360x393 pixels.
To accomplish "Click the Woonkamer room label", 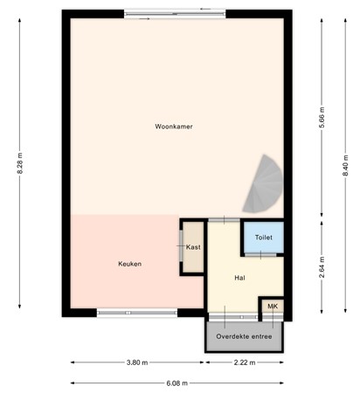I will coord(174,127).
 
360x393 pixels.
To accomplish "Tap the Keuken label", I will coord(129,264).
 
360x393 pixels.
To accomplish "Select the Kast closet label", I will coord(193,247).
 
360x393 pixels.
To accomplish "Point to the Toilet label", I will coord(263,238).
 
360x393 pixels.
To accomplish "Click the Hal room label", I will coord(239,278).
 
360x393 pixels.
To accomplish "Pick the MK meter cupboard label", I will coord(272,307).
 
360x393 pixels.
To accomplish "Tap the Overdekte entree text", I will coord(245,336).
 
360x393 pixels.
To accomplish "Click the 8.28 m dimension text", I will coord(19,163).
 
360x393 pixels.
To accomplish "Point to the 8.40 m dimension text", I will coord(345,163).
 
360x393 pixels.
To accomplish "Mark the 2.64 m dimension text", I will coord(322,265).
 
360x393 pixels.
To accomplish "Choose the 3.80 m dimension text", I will coord(137,363).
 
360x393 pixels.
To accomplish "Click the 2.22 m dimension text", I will coord(245,363).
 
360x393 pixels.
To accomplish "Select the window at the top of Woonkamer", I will coord(174,11).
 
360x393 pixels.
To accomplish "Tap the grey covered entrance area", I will coord(245,337).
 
